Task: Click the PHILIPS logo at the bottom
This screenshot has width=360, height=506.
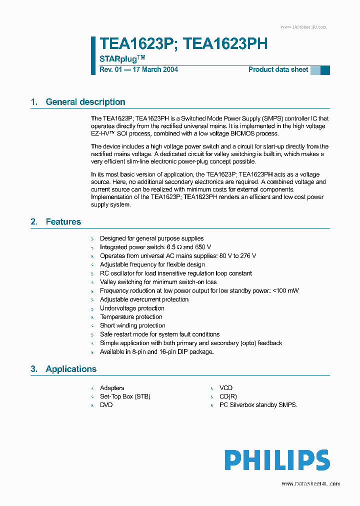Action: pos(276,460)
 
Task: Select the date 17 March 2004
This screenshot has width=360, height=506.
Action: pos(154,69)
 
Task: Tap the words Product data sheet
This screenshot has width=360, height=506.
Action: pos(278,69)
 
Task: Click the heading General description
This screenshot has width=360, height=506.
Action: pos(85,102)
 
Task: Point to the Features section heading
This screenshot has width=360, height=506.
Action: pos(63,221)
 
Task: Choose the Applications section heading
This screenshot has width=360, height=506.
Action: pos(70,369)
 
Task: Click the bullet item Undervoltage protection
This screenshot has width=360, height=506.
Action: pos(132,308)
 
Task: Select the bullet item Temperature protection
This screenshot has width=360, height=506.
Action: pos(131,317)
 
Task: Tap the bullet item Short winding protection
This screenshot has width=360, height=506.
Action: pos(132,325)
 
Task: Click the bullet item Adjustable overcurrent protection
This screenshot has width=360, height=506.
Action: pos(144,299)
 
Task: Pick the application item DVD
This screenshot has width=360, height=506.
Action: pos(106,405)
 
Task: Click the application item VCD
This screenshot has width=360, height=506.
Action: pos(226,388)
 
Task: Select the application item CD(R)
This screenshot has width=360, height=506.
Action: pos(228,396)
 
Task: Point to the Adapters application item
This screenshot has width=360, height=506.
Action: pos(112,388)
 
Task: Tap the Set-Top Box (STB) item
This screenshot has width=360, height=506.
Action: pos(125,396)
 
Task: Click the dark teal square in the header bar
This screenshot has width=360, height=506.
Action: pos(325,70)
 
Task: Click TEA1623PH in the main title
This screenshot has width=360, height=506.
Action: pos(225,44)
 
